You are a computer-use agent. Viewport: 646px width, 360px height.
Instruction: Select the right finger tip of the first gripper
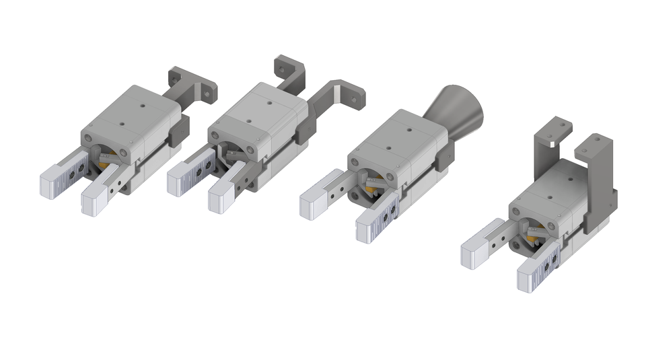94,200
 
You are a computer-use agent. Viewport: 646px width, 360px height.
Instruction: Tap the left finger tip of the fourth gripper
475,254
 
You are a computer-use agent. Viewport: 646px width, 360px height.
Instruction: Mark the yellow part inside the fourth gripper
533,237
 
